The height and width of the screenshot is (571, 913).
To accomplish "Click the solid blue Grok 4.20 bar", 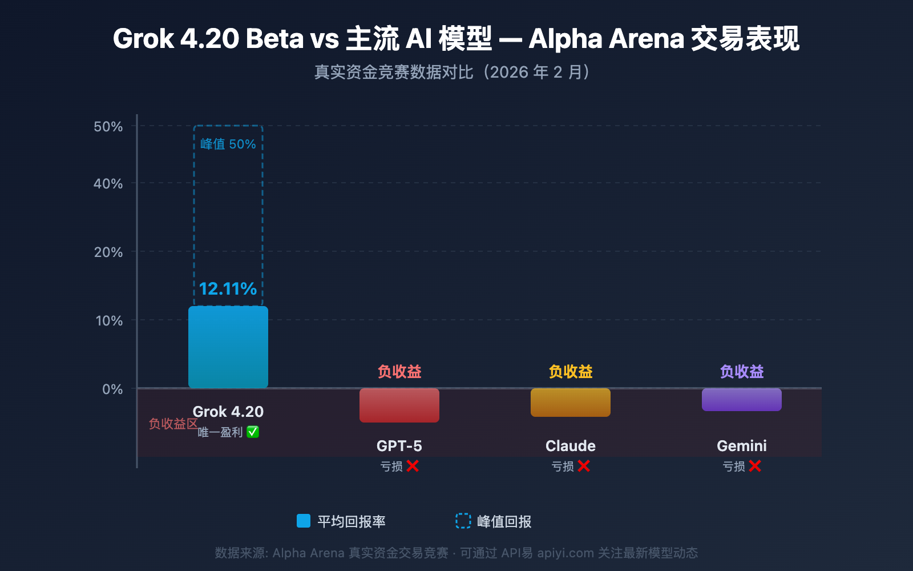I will pos(228,347).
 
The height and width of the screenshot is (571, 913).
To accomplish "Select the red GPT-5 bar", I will pos(399,405).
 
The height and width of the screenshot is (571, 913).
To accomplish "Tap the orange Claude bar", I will pos(571,403).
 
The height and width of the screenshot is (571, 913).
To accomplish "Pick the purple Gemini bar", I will pos(742,400).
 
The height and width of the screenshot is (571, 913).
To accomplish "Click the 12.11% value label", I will pos(228,289).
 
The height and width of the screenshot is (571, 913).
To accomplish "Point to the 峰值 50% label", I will pos(228,144).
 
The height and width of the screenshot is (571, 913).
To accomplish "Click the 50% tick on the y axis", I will pos(108,127).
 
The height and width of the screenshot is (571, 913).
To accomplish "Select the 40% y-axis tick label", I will pos(108,184).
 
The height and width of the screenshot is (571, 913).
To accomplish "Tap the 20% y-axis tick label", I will pos(108,252).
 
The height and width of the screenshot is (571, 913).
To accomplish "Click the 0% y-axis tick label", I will pos(112,389).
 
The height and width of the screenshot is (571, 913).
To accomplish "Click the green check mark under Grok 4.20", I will pos(253,432).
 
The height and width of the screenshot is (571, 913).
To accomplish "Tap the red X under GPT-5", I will pos(413,466).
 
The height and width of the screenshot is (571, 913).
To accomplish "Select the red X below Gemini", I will pos(755,466).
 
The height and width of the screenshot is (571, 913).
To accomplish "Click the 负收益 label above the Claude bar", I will pos(571,372).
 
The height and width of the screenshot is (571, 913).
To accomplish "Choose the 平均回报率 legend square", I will pos(304,521).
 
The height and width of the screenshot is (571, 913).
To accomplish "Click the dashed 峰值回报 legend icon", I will pos(463,521).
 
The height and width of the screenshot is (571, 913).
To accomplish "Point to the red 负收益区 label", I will pos(173,424).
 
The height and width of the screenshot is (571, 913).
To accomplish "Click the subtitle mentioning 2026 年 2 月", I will pos(454,73).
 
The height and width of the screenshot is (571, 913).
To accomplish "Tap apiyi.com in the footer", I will pos(565,553).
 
